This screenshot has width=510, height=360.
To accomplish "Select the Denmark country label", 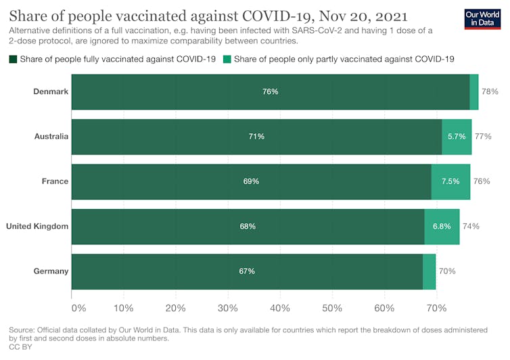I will click(51, 91).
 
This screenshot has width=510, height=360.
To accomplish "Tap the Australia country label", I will click(51, 136).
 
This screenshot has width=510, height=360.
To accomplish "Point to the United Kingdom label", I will click(37, 226).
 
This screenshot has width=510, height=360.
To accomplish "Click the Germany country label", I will click(51, 271).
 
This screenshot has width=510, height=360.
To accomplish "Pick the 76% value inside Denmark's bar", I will click(270, 91).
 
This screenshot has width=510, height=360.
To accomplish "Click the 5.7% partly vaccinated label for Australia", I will click(457, 136).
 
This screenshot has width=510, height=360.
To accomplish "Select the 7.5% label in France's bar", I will click(450, 181).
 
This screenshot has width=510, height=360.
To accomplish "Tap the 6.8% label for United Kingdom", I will click(442, 226).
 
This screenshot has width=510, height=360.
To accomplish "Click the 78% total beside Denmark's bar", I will click(490, 91).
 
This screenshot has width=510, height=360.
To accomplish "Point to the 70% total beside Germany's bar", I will click(447, 271).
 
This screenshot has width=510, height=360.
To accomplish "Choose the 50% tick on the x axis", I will click(332, 309).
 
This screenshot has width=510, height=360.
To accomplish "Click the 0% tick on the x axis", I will click(78, 309).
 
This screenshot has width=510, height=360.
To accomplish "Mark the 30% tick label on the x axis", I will click(228, 309).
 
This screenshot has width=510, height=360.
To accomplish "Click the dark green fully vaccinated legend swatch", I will click(14, 60).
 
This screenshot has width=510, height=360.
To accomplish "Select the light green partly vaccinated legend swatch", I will click(227, 60).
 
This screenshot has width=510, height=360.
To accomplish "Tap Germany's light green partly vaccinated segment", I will click(429, 271).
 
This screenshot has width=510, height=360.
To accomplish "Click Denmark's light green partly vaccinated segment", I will click(474, 91).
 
